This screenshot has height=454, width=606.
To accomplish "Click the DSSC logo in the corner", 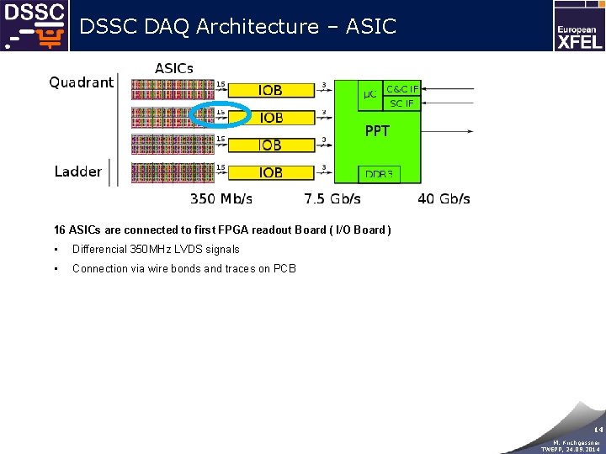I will [x=34, y=25].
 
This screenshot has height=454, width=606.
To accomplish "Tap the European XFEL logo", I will [x=579, y=26].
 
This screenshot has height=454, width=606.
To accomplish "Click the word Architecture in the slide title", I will [x=257, y=27].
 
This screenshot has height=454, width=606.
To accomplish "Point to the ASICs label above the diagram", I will [x=174, y=68].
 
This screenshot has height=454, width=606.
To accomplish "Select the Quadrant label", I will [x=81, y=82].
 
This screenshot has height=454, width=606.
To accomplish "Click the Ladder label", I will [x=78, y=172].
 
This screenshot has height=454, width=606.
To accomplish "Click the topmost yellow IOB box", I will [x=270, y=90].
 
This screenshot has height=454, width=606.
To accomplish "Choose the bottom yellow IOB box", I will [x=270, y=172].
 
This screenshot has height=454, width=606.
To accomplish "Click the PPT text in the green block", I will [x=377, y=131].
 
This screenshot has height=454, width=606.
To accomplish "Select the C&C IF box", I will [x=401, y=88].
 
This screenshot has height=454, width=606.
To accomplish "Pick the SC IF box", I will [x=401, y=103].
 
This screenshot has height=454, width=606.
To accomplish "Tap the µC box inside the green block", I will [x=369, y=94].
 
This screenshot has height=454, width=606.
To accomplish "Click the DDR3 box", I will [x=378, y=174].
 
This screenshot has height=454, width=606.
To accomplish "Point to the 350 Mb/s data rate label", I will [x=221, y=199].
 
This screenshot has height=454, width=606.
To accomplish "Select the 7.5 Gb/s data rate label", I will [x=332, y=199].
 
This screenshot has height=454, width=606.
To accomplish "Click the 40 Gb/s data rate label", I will [x=444, y=199].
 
